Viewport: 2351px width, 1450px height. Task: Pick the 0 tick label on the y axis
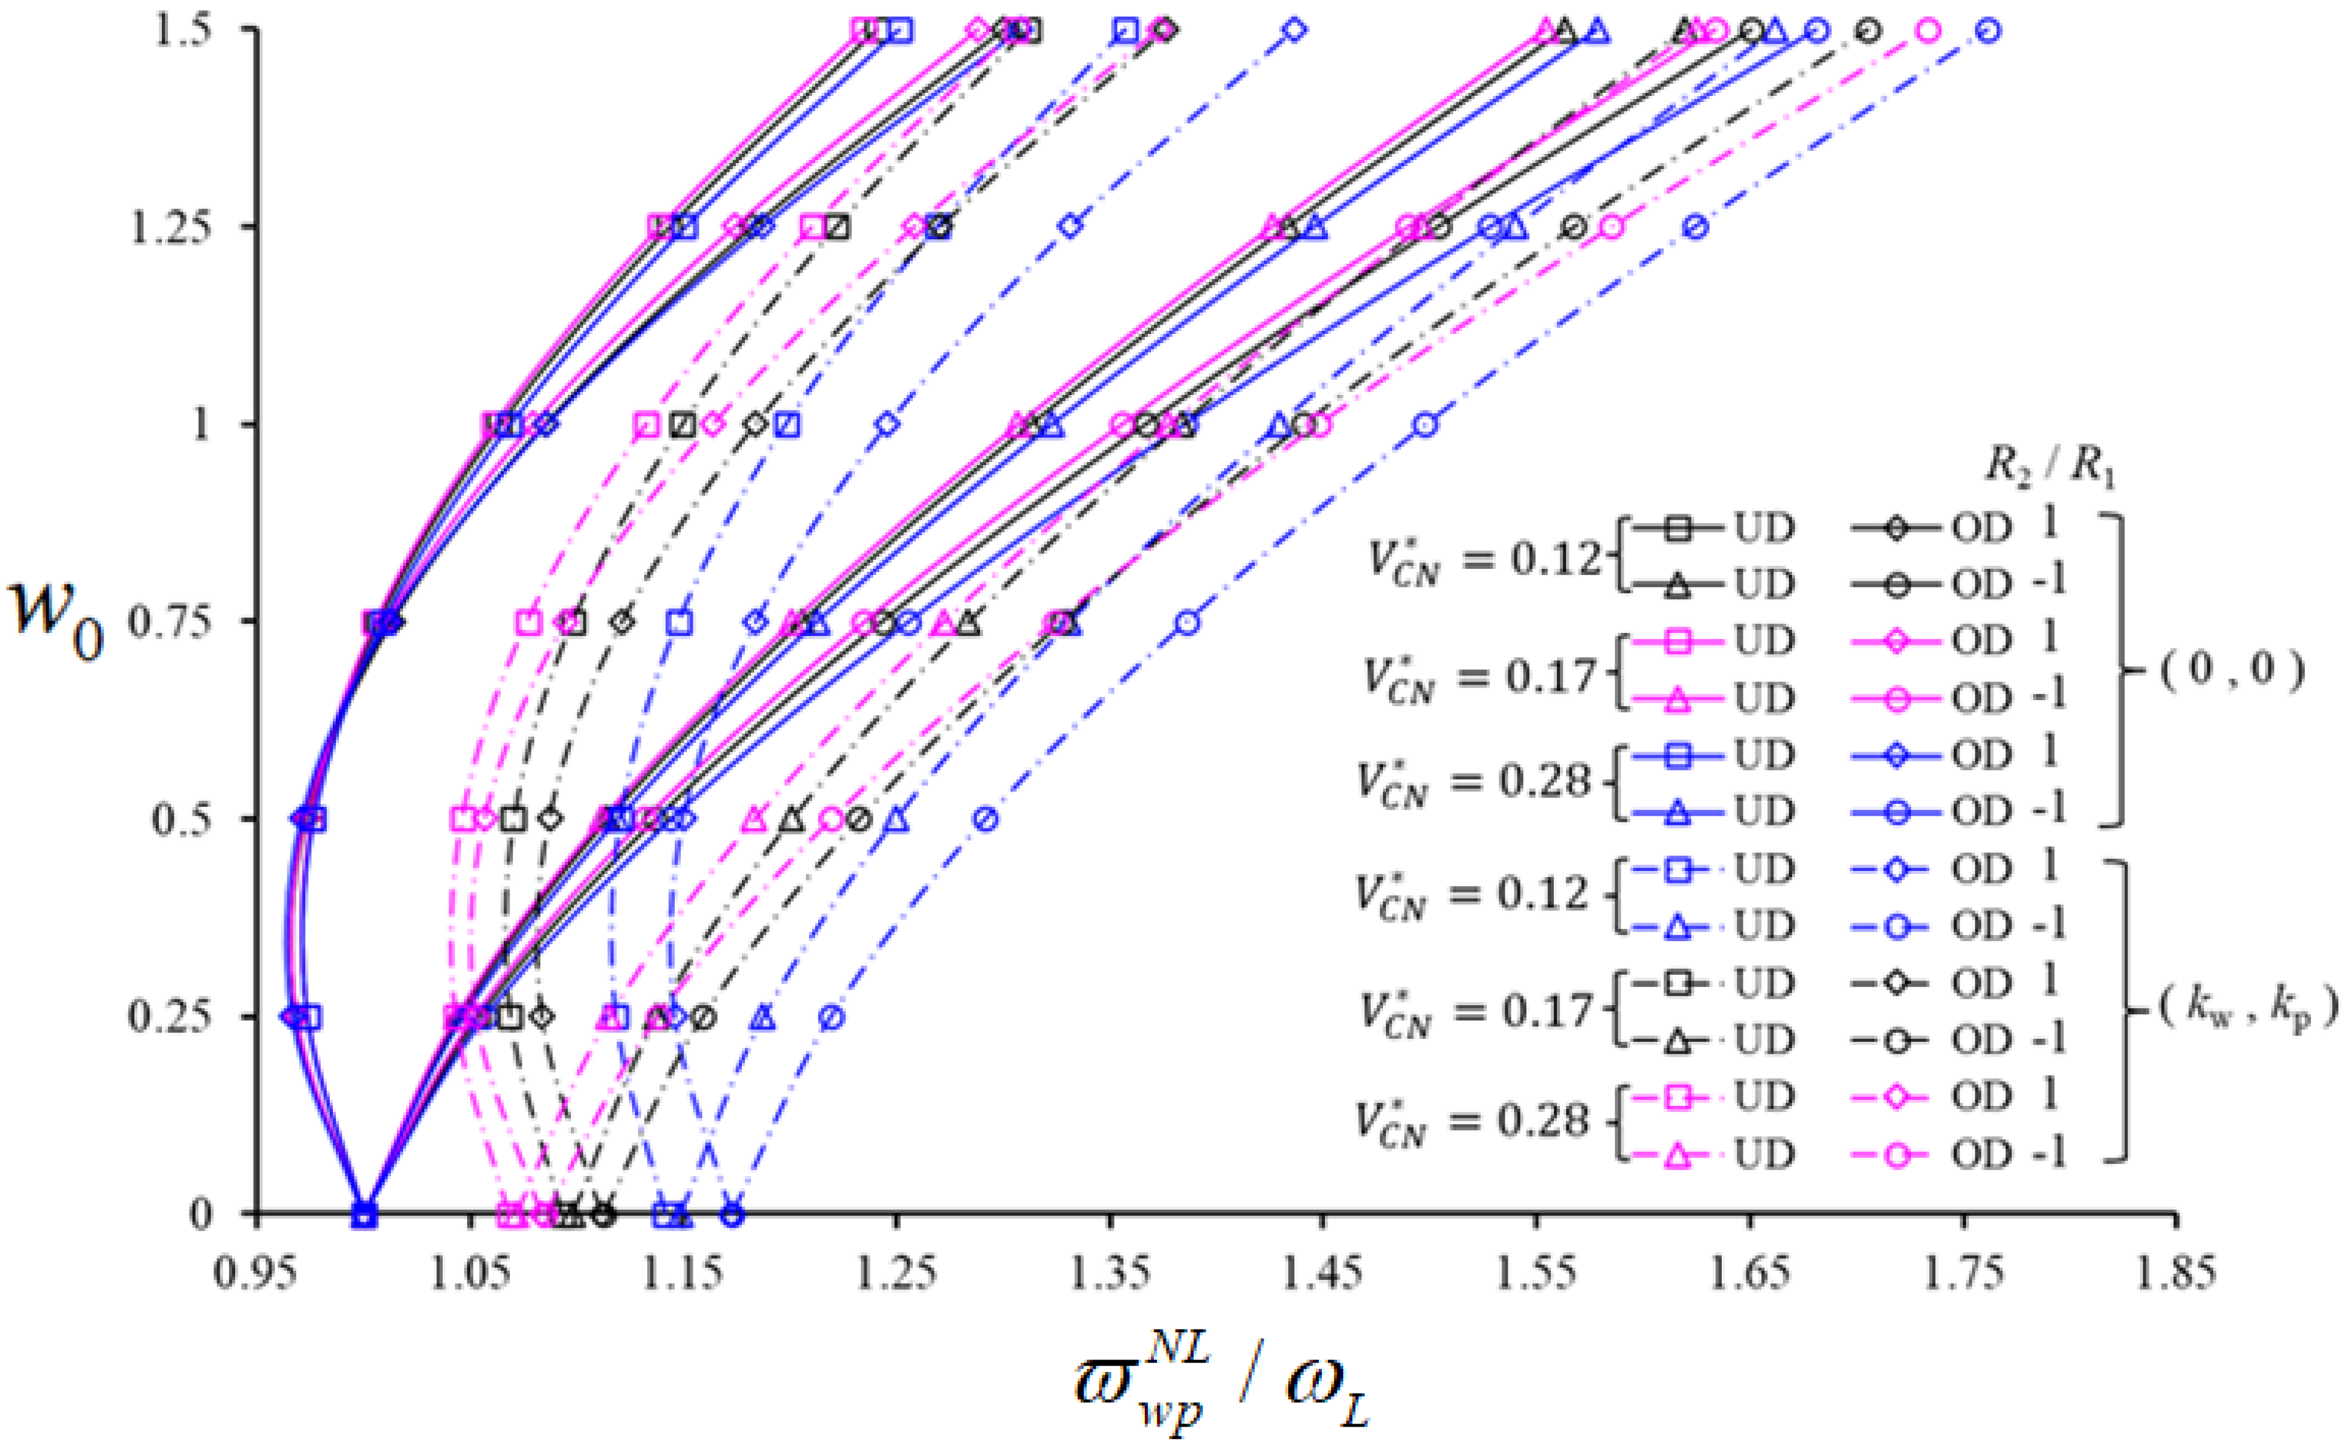click(200, 1214)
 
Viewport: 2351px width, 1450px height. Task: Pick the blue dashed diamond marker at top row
click(1295, 31)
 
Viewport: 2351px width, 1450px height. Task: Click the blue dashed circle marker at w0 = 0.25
click(832, 1017)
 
